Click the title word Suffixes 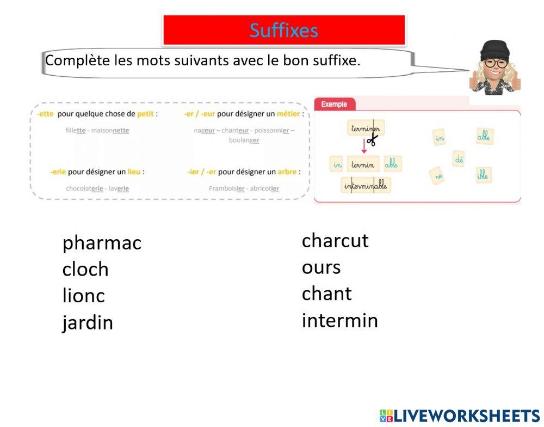point(283,30)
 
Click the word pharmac point(102,243)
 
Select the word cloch point(85,270)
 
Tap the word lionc point(83,296)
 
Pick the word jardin point(88,323)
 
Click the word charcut point(335,241)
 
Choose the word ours point(321,267)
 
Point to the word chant point(326,294)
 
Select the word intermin point(339,320)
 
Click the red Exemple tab point(334,104)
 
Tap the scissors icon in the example point(372,141)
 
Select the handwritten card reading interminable point(366,186)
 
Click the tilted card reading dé point(458,159)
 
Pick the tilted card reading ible point(484,175)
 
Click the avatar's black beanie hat point(495,50)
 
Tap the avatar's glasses point(495,63)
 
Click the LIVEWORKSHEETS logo point(460,416)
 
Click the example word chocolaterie point(84,188)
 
